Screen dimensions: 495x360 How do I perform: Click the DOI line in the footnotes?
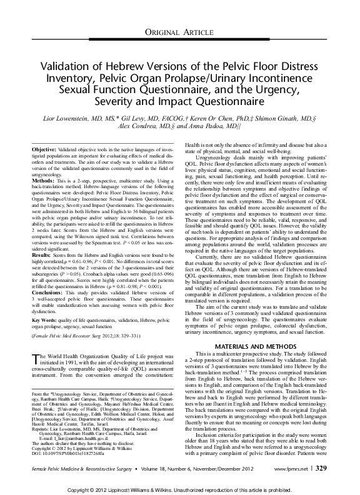pos(68,452)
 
